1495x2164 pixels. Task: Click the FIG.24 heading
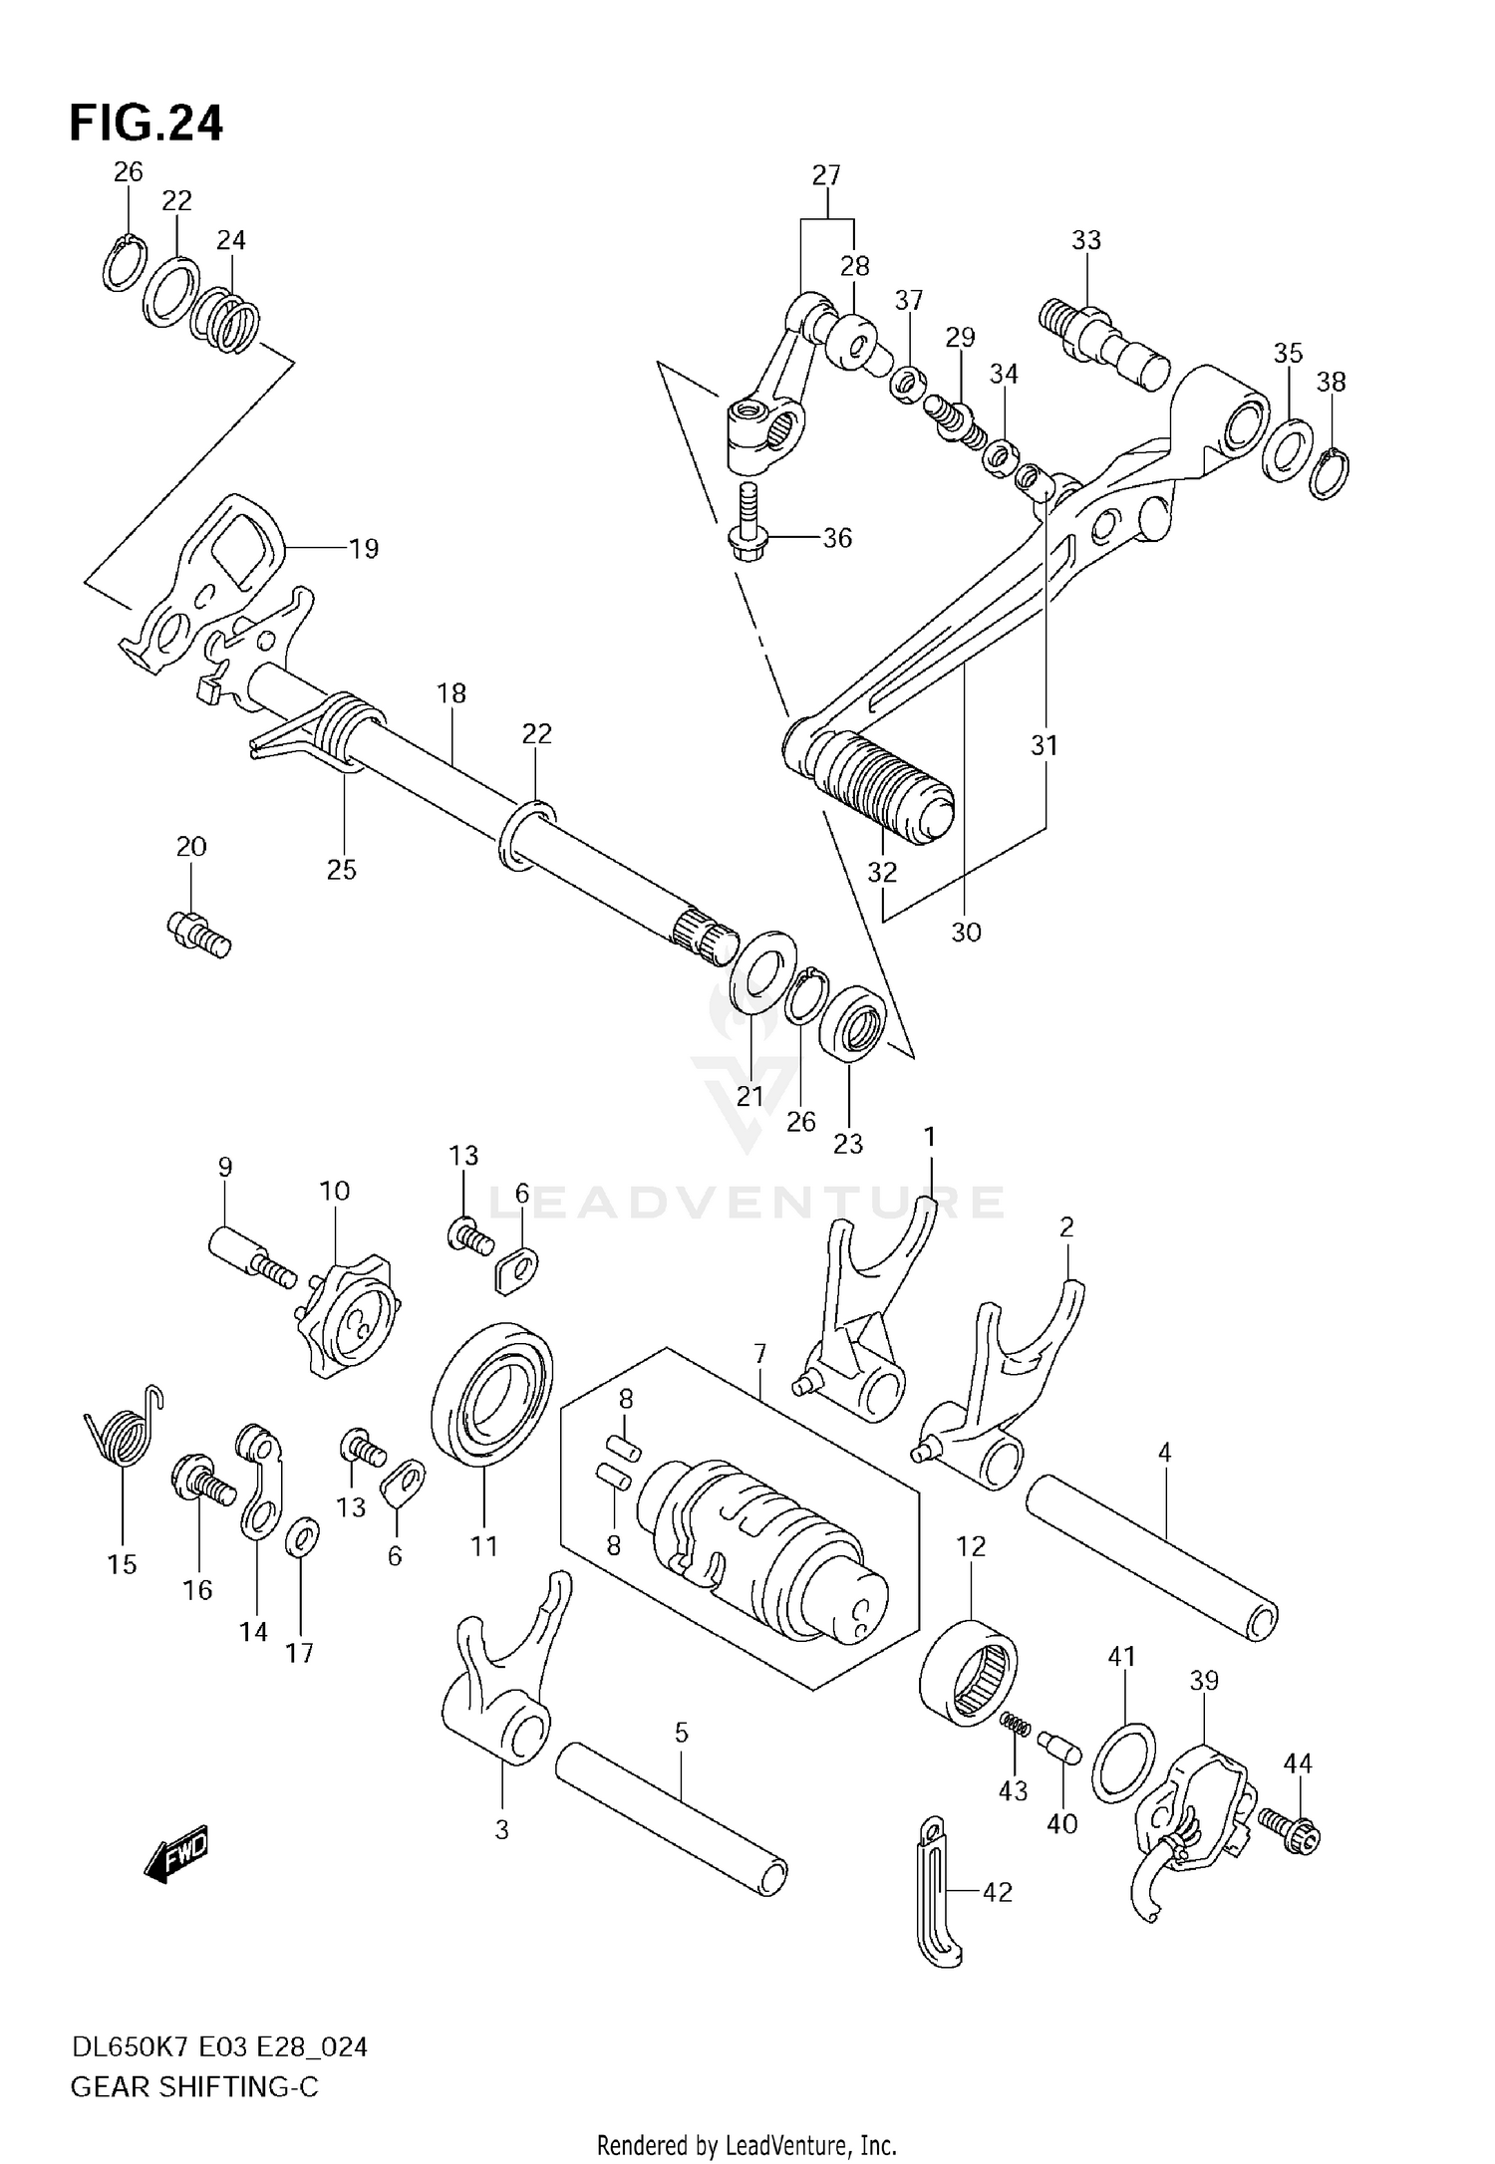(x=147, y=124)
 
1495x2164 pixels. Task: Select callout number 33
(x=1086, y=240)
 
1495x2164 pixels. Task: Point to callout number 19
(x=364, y=549)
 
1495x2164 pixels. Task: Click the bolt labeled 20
(x=198, y=934)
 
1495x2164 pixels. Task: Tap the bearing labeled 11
(x=491, y=1394)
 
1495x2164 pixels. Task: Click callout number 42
(x=998, y=1892)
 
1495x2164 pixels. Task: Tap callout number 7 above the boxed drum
(x=759, y=1354)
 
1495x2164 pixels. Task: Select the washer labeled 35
(x=1288, y=450)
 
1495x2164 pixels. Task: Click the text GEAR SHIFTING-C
(x=194, y=2087)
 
